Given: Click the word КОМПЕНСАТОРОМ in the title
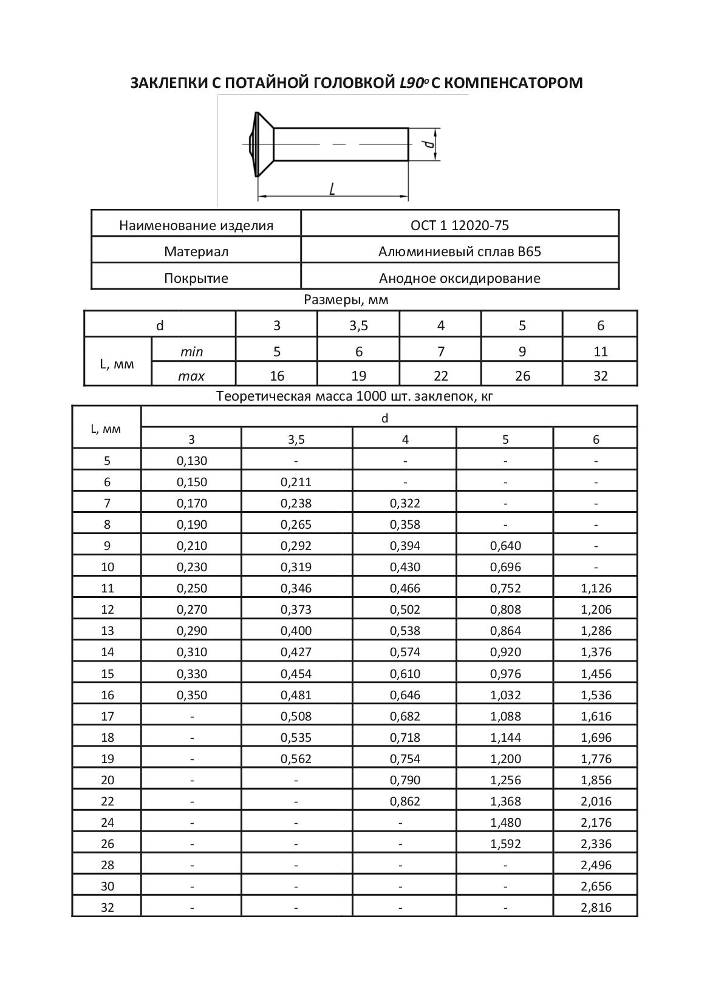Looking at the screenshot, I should click(x=510, y=83).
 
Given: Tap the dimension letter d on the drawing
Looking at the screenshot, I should click(x=428, y=144).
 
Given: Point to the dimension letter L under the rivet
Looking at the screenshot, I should click(x=332, y=189).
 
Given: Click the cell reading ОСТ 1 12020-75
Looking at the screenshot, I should click(x=460, y=225).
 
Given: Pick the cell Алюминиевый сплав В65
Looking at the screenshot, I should click(x=460, y=251).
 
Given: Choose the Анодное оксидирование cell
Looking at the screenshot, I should click(x=460, y=278).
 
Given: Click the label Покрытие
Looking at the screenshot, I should click(x=196, y=278).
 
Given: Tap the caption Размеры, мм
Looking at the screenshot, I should click(x=346, y=299).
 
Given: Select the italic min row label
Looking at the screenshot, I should click(x=192, y=351).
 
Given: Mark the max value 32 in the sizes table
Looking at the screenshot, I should click(x=600, y=376).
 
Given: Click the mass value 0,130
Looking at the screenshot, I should click(x=192, y=461).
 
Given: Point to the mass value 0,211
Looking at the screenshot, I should click(x=296, y=482).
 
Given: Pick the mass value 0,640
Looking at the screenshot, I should click(x=505, y=546).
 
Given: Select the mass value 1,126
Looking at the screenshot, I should click(x=596, y=588).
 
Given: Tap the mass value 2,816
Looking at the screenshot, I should click(x=596, y=907).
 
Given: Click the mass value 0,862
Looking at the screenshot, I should click(x=405, y=801).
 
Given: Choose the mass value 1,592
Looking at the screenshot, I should click(x=505, y=844).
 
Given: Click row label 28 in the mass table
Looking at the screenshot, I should click(x=108, y=865).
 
